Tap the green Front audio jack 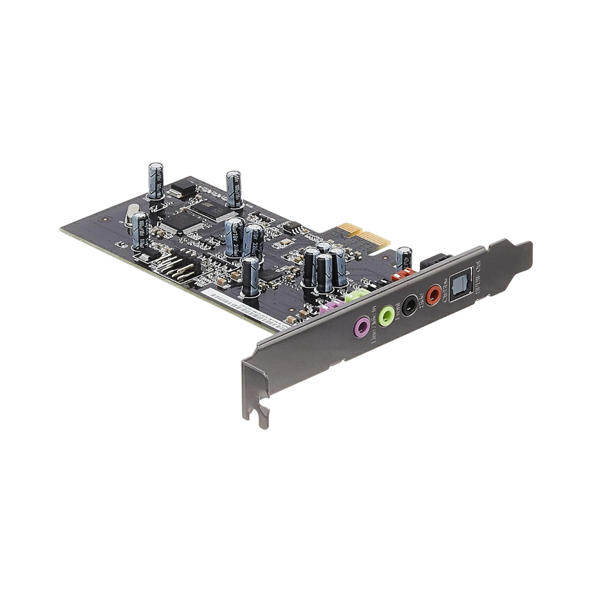[386, 315]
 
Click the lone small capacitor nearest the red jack [403, 259]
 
